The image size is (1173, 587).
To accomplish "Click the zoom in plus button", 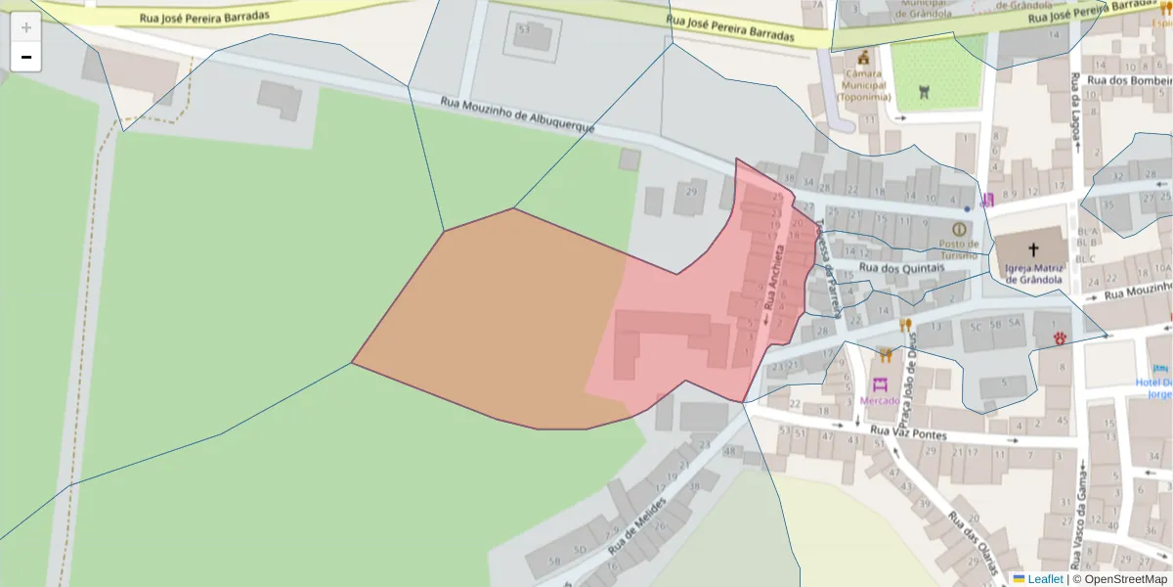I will (26, 27).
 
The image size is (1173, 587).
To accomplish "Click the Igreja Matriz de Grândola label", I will (1033, 272).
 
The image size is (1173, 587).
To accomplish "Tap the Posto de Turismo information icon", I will (958, 229).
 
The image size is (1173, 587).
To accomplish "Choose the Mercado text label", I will (880, 401).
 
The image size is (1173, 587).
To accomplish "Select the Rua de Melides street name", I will (636, 525).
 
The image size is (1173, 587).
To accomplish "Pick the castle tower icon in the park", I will (926, 91).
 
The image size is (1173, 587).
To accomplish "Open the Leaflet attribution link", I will (1044, 579).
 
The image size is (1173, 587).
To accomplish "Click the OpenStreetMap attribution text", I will (1125, 579).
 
